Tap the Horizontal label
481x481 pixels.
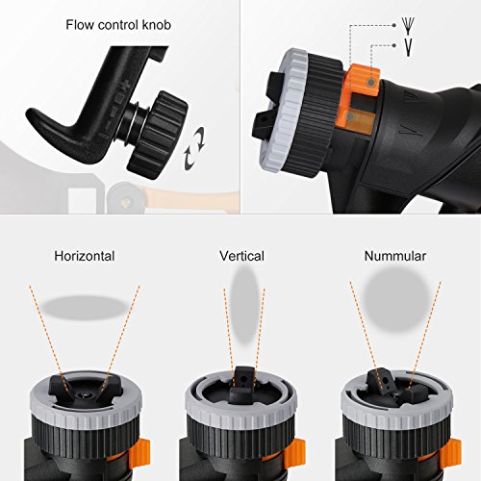85,256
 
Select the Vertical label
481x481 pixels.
241,256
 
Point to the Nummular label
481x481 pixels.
395,256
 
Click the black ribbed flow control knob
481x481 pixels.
157,135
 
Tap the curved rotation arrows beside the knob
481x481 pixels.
194,148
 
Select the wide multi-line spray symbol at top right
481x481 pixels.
408,26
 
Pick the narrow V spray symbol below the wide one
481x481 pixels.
408,47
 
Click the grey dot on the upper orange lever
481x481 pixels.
371,83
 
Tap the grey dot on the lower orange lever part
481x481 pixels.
351,116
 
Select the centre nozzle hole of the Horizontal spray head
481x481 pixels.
86,393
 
